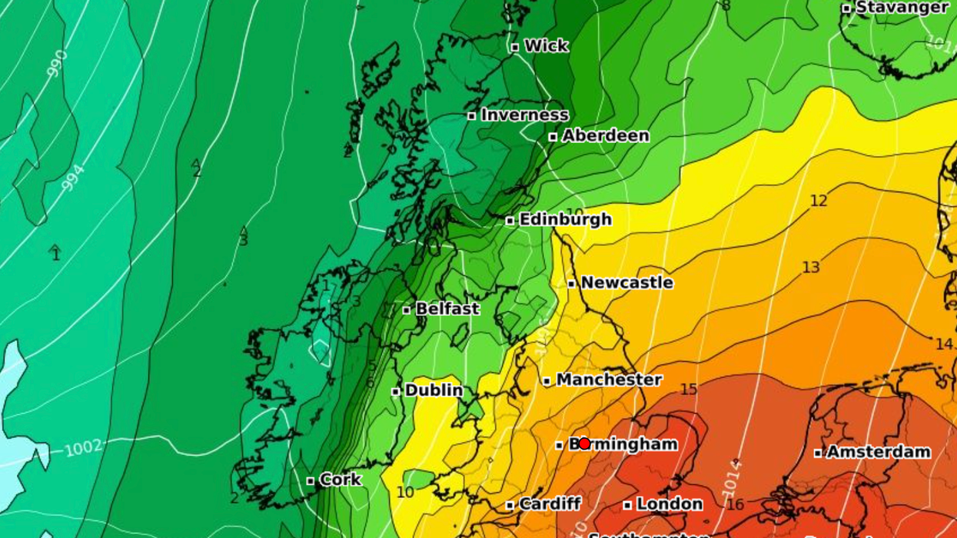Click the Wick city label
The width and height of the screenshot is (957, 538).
coord(546,46)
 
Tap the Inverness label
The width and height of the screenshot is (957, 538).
coord(525,115)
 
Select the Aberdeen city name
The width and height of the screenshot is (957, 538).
coord(606,136)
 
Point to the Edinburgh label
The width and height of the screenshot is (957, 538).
coord(566,220)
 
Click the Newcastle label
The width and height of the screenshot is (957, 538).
coord(626,283)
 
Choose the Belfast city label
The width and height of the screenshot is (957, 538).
coord(447,309)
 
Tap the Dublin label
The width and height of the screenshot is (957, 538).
coord(434,390)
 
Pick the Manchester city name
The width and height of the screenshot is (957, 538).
coord(609,380)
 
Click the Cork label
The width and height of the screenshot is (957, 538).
coord(340,480)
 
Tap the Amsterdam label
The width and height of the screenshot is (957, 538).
coord(879,452)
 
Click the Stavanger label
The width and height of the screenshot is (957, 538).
coord(902,8)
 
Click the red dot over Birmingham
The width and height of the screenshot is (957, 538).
coord(584,443)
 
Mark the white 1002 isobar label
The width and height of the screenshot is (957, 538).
coord(82,448)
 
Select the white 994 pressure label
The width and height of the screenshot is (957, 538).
coord(72,178)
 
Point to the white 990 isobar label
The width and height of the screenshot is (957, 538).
coord(57,63)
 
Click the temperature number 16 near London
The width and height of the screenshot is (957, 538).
coord(735,505)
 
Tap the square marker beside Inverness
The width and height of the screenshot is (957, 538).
coord(472,116)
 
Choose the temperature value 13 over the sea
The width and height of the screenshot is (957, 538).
coord(811,267)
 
